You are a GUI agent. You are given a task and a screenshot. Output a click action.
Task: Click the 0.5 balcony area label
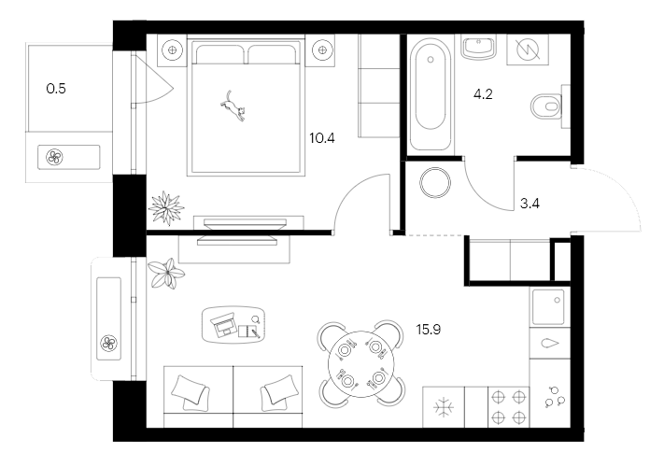(x=56, y=90)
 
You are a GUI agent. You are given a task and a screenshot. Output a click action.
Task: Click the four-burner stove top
(x=509, y=408)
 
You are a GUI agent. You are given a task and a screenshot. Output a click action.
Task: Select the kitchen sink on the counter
(x=548, y=306)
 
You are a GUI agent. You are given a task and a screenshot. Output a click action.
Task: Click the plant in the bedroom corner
(x=169, y=206)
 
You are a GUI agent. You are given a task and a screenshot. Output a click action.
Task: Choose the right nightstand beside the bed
(x=323, y=49)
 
